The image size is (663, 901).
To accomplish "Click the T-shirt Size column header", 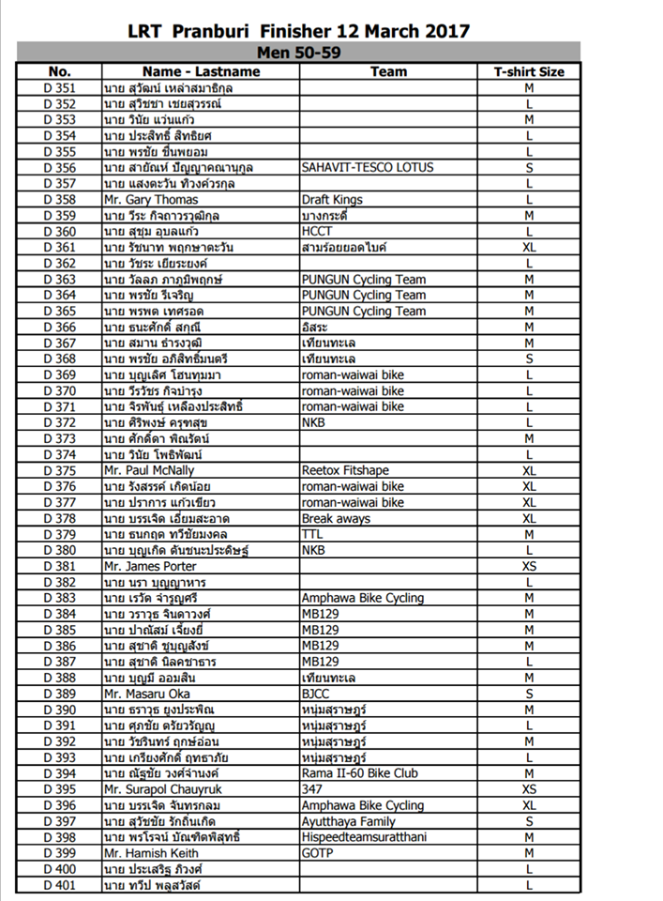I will tap(529, 71).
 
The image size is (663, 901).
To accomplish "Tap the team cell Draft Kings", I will tap(332, 199).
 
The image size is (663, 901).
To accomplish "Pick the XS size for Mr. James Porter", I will tap(529, 566).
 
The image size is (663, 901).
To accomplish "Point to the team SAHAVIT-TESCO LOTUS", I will tap(368, 167).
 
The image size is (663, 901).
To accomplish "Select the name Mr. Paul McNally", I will tap(149, 470).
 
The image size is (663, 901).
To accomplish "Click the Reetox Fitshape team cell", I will tap(343, 470).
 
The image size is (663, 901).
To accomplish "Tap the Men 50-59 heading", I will tap(298, 53).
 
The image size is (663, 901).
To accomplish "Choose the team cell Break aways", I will tap(336, 518).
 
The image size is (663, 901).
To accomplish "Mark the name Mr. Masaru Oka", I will tap(146, 694).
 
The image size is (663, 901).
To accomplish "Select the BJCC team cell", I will tap(316, 694).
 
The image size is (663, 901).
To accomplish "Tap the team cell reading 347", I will tap(311, 789).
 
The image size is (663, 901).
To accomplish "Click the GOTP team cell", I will tap(317, 853).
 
